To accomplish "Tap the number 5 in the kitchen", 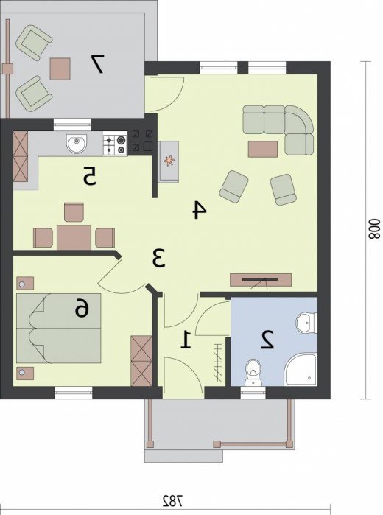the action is [89, 175].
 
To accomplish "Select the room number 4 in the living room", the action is [200, 210].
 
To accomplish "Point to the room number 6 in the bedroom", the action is [82, 309].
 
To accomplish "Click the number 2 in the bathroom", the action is [267, 340].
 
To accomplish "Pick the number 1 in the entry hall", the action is [186, 340].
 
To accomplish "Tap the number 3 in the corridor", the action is [159, 258].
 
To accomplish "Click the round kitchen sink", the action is [77, 144].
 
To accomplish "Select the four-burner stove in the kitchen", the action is [115, 144].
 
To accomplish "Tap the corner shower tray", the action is [301, 370].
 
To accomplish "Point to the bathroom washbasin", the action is [306, 322].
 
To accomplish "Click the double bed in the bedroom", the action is [59, 329].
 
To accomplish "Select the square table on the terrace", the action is [60, 69].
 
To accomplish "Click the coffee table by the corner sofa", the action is [263, 149].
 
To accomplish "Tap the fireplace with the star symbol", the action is [169, 161].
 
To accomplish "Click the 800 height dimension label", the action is [374, 229].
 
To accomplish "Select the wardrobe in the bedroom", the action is [141, 360].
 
